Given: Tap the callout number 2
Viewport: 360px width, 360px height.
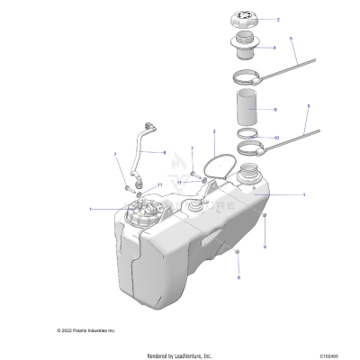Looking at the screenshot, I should (x=278, y=19).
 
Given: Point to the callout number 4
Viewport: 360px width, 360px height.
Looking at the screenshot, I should (x=274, y=47).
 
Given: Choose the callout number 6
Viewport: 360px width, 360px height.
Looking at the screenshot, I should (x=275, y=109).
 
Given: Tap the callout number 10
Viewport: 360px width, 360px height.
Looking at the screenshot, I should (x=276, y=138).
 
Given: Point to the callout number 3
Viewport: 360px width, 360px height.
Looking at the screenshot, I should (x=214, y=131).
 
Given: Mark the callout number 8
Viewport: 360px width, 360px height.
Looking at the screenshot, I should (x=165, y=153).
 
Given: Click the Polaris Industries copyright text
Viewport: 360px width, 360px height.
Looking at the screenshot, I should (x=86, y=330).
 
